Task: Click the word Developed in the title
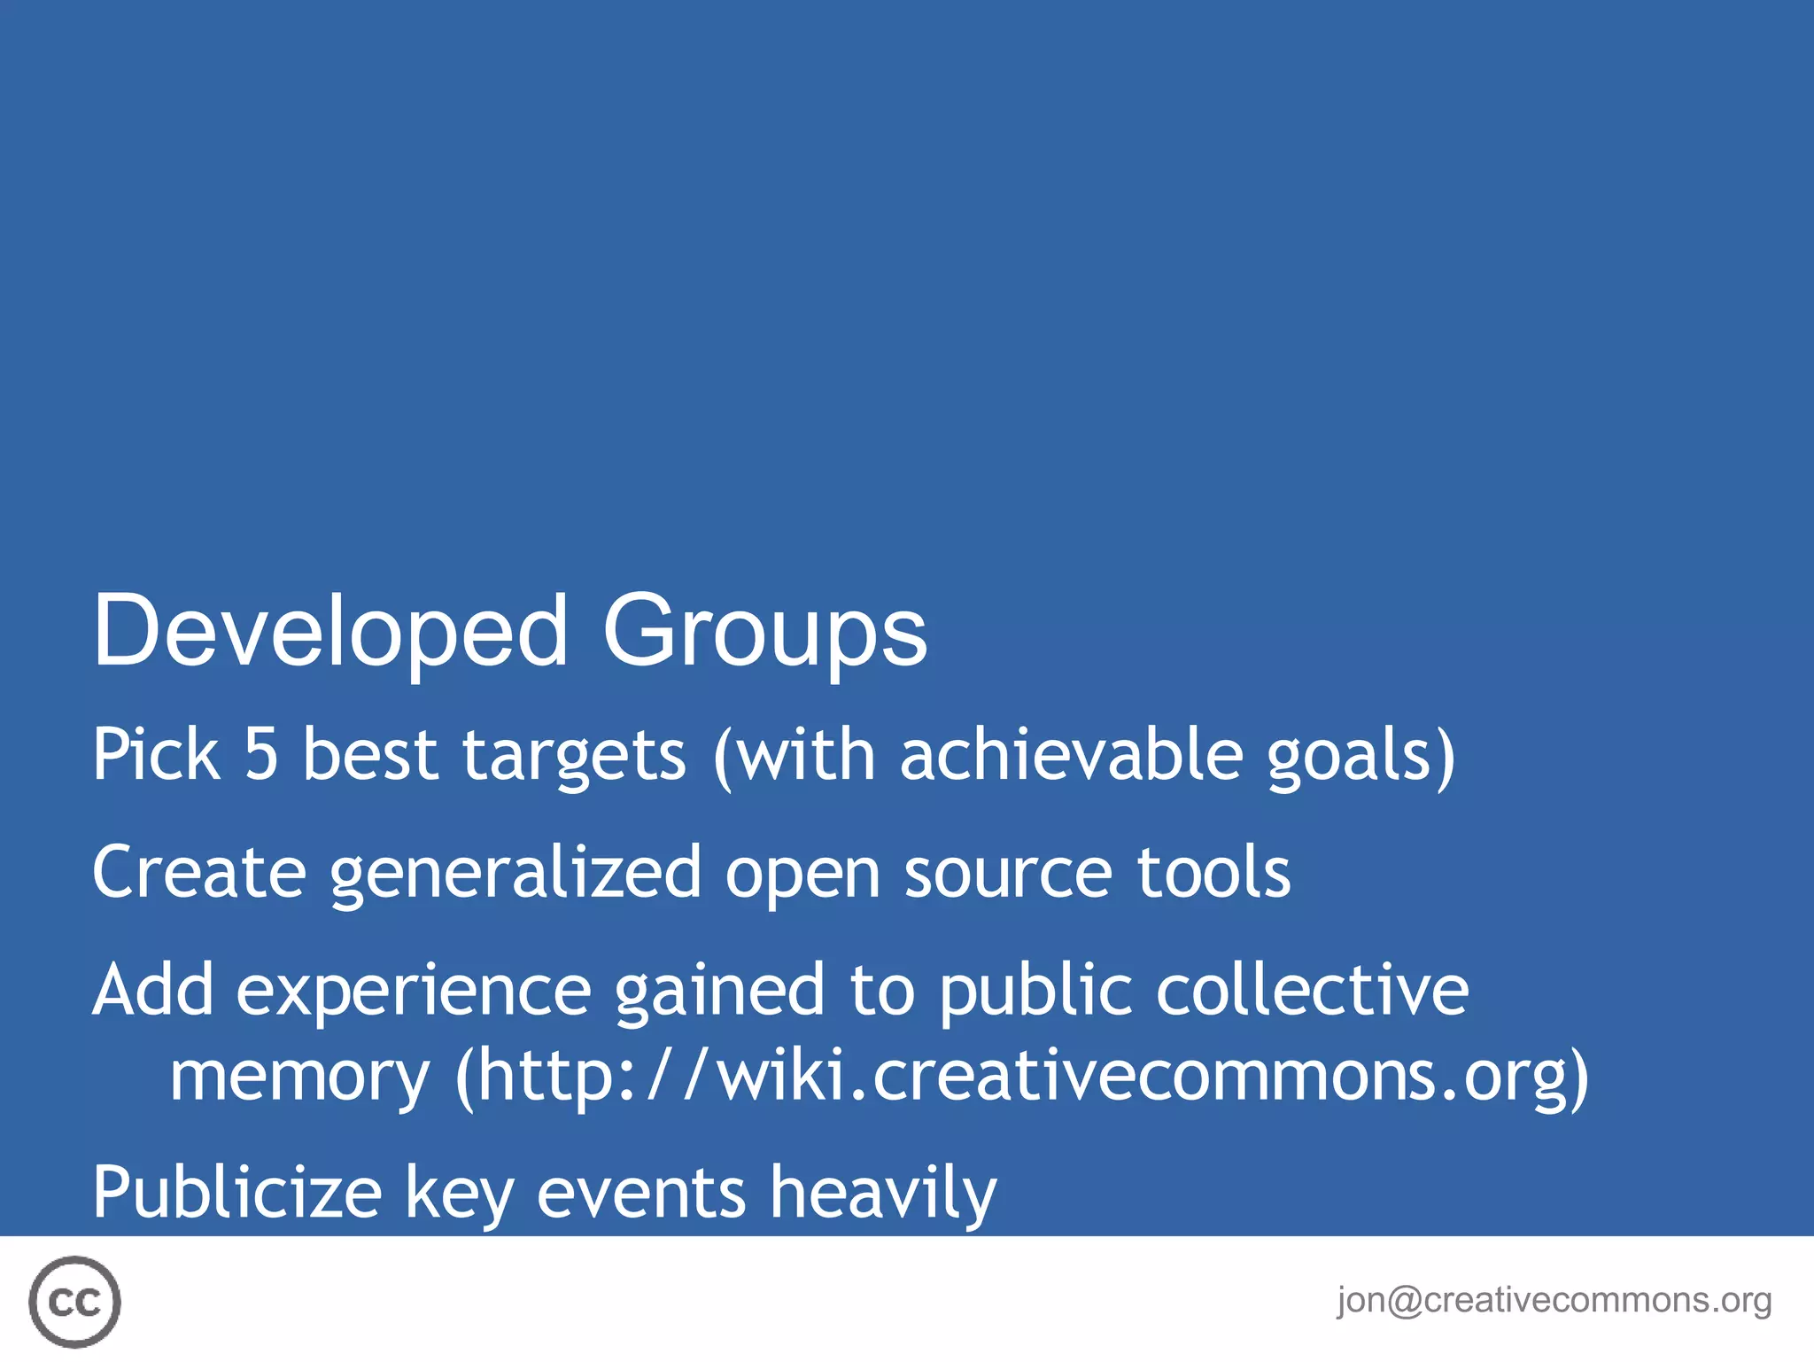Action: [x=329, y=631]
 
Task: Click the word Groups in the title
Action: [x=764, y=631]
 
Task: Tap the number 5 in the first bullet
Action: [x=261, y=754]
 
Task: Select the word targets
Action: [x=574, y=756]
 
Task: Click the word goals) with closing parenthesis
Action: [x=1360, y=756]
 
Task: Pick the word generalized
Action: [x=516, y=874]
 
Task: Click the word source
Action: [x=1007, y=874]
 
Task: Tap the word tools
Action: [x=1213, y=872]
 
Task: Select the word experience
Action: [x=413, y=991]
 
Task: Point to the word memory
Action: [x=299, y=1077]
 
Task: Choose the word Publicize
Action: [x=236, y=1193]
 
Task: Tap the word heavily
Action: [x=882, y=1193]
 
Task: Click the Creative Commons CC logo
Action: [x=74, y=1302]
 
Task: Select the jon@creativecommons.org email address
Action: [x=1554, y=1300]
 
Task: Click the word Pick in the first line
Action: [x=156, y=754]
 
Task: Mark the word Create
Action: [x=199, y=872]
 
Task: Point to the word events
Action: [x=641, y=1193]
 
